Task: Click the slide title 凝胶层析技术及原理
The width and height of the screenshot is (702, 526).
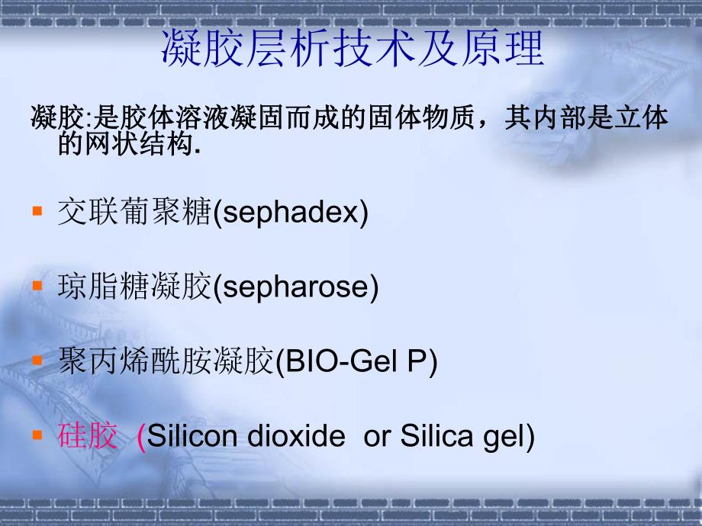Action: coord(353,50)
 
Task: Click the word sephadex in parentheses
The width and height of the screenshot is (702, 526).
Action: coord(290,213)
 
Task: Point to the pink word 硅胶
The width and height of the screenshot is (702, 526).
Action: coord(88,437)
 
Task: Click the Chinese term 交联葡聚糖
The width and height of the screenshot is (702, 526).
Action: coord(133,213)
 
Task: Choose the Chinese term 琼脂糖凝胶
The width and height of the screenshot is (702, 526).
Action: coord(134,288)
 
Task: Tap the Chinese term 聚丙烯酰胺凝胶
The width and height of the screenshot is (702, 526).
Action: coord(165,363)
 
